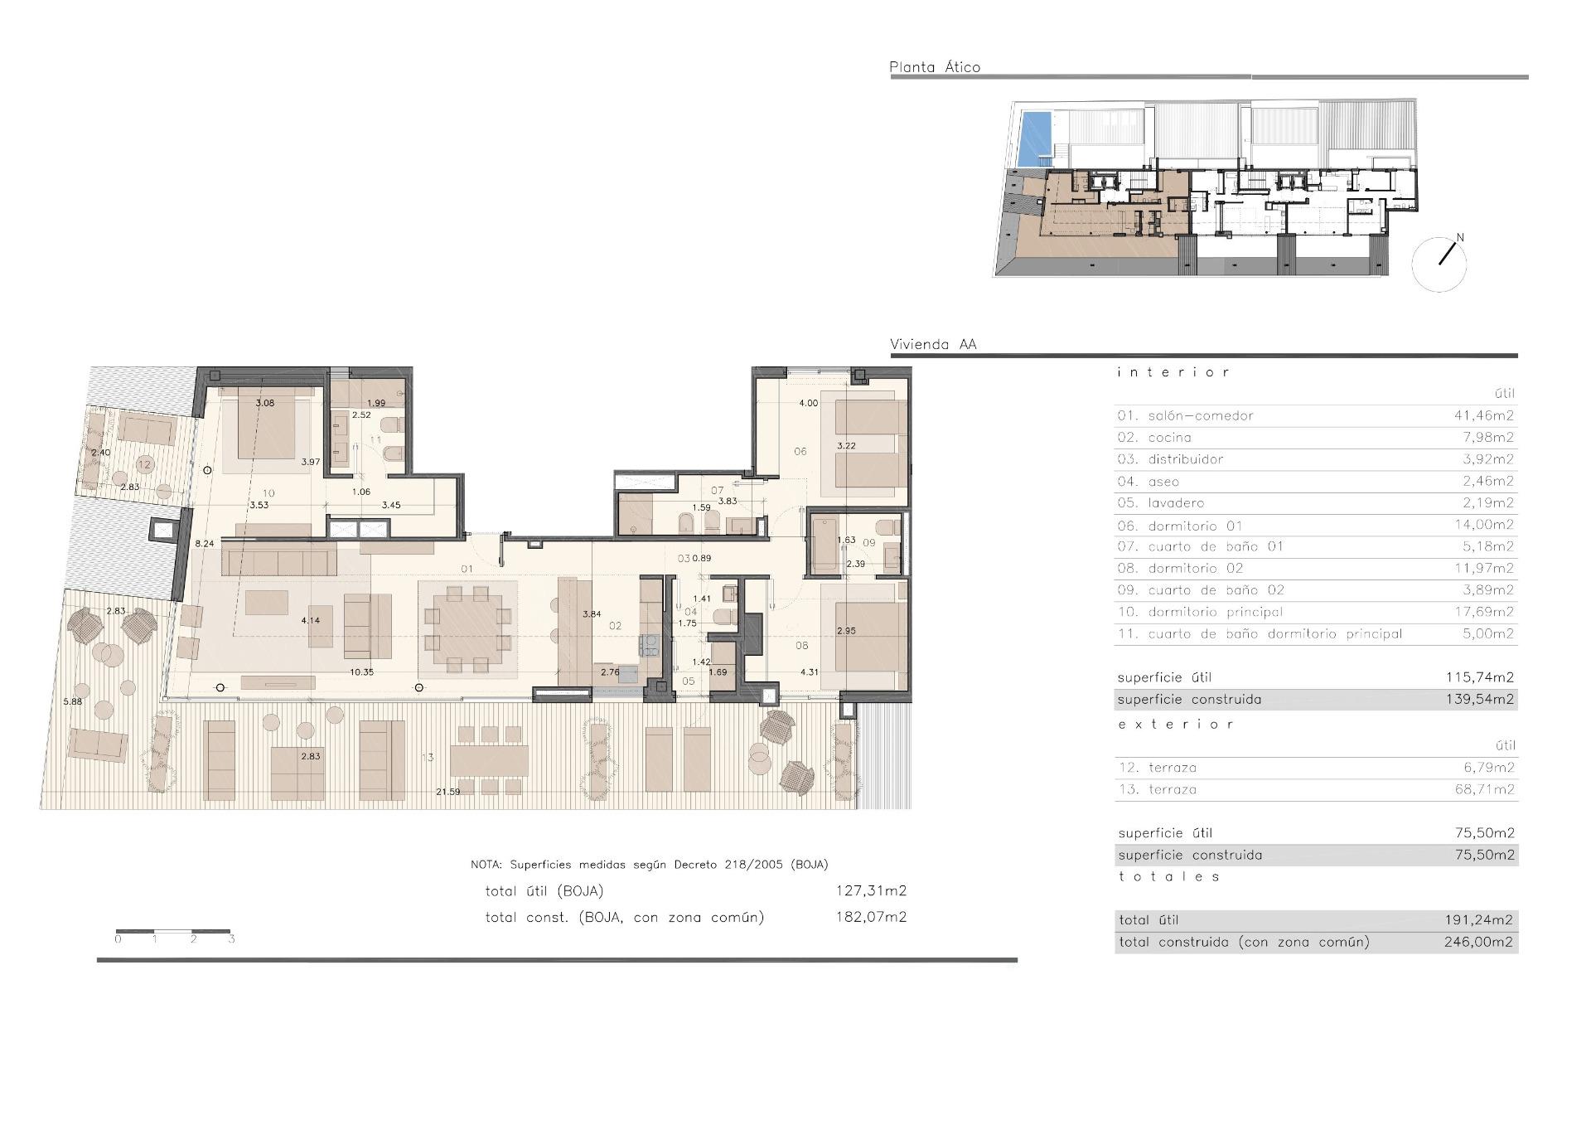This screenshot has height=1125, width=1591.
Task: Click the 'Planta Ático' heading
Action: (x=934, y=67)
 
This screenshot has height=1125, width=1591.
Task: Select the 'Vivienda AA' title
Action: (x=932, y=344)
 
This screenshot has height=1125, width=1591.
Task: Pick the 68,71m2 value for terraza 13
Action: (x=1483, y=789)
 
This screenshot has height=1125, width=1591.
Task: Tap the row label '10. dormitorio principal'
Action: (x=1200, y=612)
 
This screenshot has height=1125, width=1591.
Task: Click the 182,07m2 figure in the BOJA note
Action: (x=870, y=917)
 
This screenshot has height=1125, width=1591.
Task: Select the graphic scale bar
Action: (x=172, y=933)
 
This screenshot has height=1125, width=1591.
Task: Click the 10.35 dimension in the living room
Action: (x=361, y=672)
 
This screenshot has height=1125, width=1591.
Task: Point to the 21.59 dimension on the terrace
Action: (x=447, y=792)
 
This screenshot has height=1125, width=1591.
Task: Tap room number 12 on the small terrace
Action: (x=145, y=464)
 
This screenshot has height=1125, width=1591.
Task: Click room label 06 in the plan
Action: (x=800, y=452)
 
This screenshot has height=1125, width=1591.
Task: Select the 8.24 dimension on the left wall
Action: (x=204, y=544)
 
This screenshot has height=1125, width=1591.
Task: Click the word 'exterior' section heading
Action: (x=1175, y=724)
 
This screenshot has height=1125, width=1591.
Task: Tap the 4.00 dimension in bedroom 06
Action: (x=808, y=403)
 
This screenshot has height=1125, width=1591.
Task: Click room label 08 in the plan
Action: (x=801, y=646)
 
